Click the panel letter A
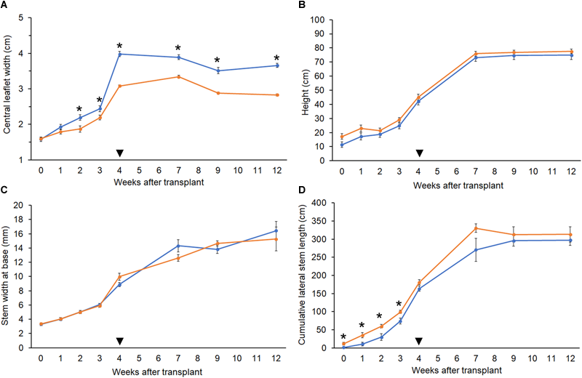point(5,7)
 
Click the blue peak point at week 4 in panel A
point(120,54)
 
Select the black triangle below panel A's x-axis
point(120,152)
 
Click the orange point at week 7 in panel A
point(178,76)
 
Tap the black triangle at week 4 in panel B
point(419,152)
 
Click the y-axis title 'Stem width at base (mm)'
point(9,275)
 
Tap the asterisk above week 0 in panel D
point(343,337)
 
